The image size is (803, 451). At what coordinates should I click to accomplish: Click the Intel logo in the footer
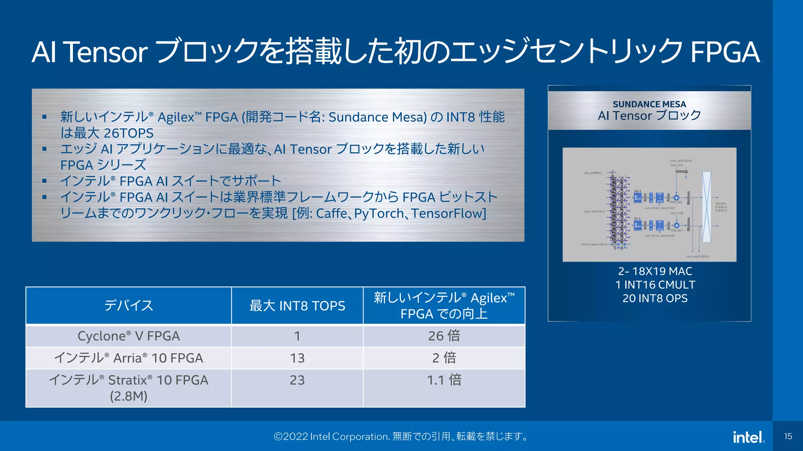coord(748,437)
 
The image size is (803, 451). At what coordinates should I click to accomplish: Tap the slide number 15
coord(788,436)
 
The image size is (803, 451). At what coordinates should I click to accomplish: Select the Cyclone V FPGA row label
coord(129,336)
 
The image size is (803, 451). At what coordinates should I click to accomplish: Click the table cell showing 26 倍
coord(444,336)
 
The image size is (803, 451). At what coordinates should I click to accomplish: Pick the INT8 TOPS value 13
coord(297,358)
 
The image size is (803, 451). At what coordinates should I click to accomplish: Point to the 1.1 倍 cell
coord(444,380)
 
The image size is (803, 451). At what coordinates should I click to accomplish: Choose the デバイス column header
coord(129,305)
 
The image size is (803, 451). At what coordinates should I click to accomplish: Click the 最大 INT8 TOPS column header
coord(297,305)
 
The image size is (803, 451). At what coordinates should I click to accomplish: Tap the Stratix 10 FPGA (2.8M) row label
coord(129,388)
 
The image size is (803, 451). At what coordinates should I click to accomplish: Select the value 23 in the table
coord(297,380)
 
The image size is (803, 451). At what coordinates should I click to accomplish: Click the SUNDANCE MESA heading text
coord(649,104)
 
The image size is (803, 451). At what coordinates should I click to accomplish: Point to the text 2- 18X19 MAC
coord(655,271)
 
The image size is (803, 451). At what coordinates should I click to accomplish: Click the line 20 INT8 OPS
coord(655,298)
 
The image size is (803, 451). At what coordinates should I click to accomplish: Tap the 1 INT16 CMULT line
coord(655,285)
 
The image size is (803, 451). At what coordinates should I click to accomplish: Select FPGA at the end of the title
coord(725,52)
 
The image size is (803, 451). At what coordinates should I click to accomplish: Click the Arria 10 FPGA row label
coord(129,358)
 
